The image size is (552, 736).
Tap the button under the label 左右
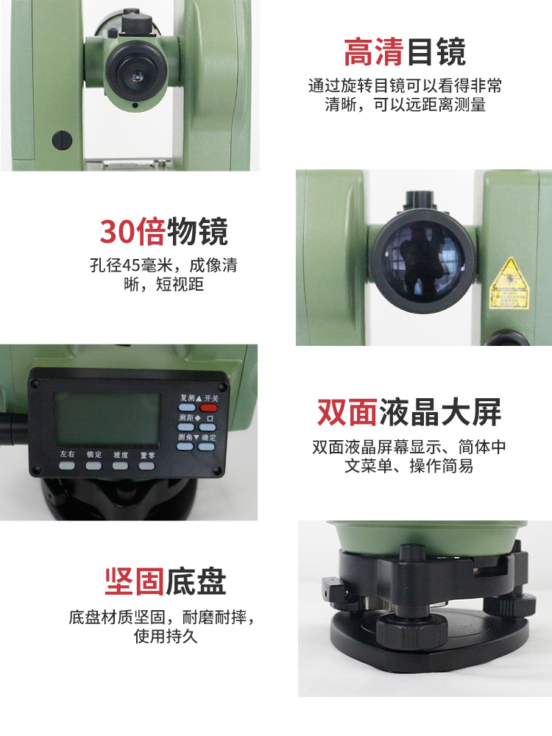(x=67, y=466)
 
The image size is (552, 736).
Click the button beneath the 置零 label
(x=147, y=466)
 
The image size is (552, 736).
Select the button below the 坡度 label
(x=120, y=466)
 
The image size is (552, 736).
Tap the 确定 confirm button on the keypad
(x=207, y=447)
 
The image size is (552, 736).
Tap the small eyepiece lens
(x=135, y=74)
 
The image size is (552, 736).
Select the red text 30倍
(x=133, y=232)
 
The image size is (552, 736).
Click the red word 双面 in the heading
(x=347, y=413)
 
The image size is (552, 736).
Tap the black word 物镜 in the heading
(x=198, y=232)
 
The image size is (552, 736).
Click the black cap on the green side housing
(x=62, y=138)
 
